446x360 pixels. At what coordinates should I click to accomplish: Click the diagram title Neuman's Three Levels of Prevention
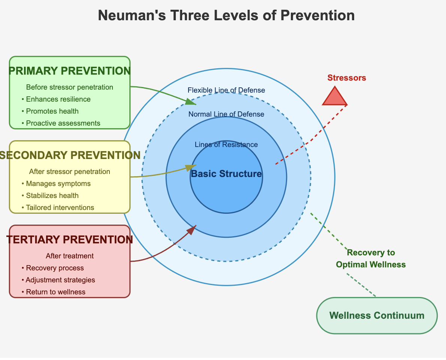(226, 16)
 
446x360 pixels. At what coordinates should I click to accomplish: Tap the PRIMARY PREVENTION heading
(70, 71)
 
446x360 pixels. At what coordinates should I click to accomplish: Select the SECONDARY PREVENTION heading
(70, 155)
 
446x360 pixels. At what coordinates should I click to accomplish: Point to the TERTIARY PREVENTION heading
(70, 240)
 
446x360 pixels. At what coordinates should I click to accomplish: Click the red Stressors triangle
(335, 97)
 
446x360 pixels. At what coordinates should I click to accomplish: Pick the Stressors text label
(346, 78)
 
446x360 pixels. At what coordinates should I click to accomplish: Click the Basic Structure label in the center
(226, 174)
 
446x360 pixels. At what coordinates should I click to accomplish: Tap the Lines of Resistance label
(226, 145)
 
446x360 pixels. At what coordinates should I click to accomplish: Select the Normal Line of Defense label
(226, 114)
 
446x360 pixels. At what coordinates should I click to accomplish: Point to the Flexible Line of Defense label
(226, 90)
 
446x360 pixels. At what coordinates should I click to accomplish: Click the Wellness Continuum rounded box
(377, 315)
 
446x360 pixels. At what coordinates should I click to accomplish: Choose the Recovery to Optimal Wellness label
(371, 258)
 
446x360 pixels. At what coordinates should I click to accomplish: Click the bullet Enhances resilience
(58, 99)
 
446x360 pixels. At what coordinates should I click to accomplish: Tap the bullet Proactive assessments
(63, 123)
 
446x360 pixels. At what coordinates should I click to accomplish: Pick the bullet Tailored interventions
(60, 208)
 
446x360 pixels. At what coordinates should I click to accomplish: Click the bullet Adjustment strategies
(60, 280)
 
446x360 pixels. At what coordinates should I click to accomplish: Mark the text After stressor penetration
(70, 172)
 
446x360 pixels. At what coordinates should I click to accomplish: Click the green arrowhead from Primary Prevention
(192, 102)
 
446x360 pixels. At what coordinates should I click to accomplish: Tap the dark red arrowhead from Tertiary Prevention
(192, 229)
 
